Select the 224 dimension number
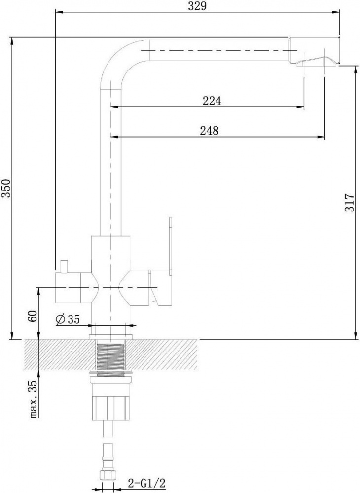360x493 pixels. click(212, 101)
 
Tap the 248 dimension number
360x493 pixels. click(210, 130)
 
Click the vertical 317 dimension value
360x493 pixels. click(350, 203)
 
